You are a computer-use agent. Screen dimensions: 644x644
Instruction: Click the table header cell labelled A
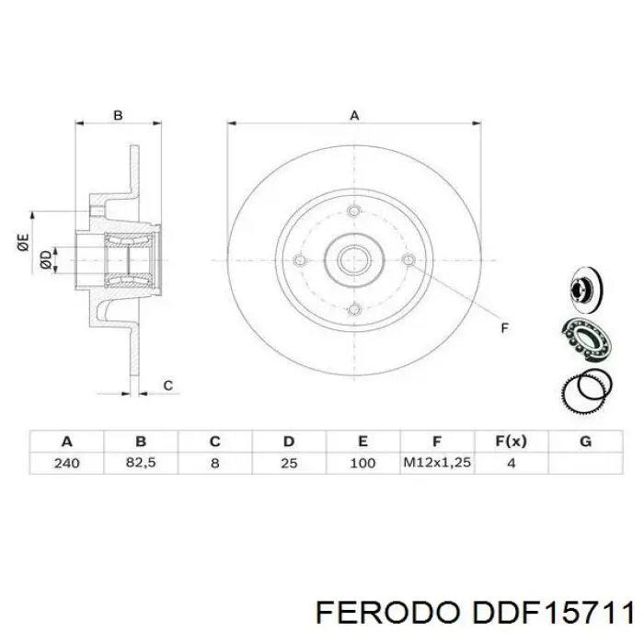(66, 441)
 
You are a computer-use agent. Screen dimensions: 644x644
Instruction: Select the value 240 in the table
(66, 463)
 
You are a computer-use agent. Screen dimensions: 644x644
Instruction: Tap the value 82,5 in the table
(141, 463)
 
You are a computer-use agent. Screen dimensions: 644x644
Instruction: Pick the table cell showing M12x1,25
(437, 463)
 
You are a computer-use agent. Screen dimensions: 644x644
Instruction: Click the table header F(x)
(511, 441)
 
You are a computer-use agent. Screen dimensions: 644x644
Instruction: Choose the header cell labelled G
(585, 441)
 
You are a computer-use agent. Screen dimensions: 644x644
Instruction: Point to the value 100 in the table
(362, 463)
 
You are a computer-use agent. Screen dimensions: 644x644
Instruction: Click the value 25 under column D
(288, 463)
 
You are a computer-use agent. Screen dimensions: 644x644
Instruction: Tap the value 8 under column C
(214, 463)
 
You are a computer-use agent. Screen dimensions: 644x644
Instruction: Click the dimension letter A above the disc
(353, 115)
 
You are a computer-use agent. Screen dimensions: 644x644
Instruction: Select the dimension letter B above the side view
(118, 115)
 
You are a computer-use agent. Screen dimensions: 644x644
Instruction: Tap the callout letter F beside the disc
(503, 328)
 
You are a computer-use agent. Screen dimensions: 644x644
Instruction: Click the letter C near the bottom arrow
(168, 385)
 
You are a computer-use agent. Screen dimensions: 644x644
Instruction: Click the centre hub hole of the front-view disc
(353, 259)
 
